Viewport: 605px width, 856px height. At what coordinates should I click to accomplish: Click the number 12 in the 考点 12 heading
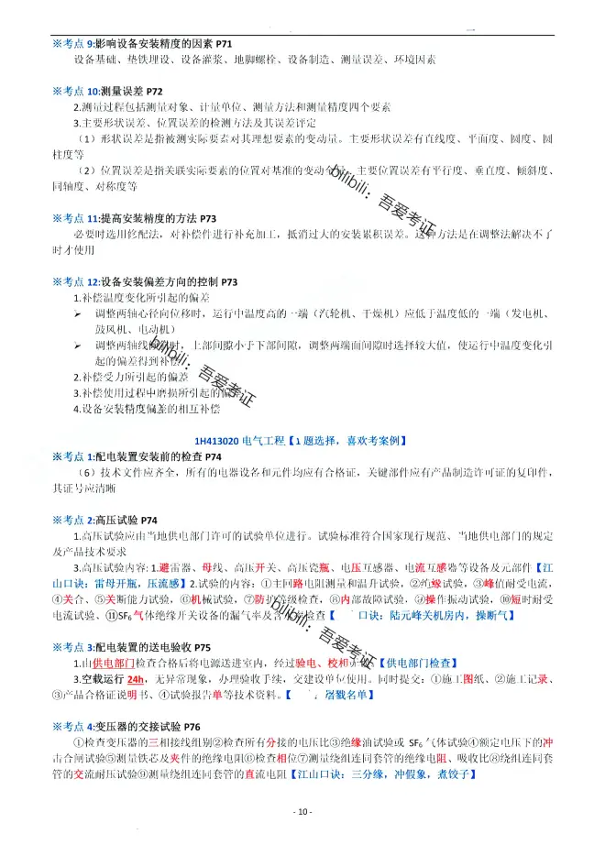(93, 282)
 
